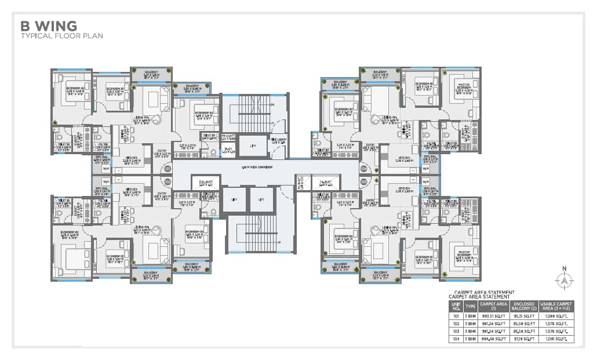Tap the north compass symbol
pyautogui.click(x=564, y=281)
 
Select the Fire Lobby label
pyautogui.click(x=278, y=139)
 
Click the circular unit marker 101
pyautogui.click(x=168, y=169)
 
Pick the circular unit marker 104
pyautogui.click(x=363, y=169)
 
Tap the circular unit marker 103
pyautogui.click(x=363, y=181)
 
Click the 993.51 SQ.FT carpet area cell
pyautogui.click(x=494, y=316)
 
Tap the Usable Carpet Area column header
pyautogui.click(x=555, y=306)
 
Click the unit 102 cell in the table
pyautogui.click(x=456, y=323)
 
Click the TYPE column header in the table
pyautogui.click(x=470, y=306)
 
